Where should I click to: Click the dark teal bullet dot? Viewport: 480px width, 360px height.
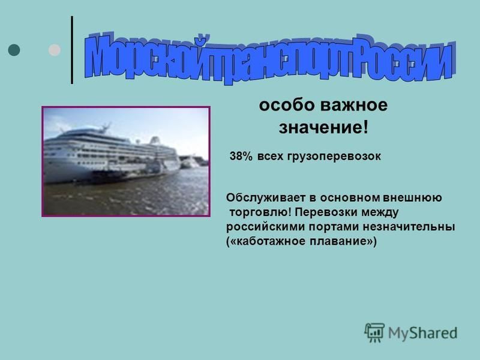coord(14,50)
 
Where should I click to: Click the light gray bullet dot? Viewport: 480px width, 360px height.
coord(55,50)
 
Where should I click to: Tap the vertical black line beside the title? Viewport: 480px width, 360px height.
coord(72,50)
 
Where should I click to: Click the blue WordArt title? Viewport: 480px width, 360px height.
coord(270,58)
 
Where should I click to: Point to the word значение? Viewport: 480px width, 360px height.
coord(323,128)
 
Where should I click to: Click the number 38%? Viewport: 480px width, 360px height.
coord(241,156)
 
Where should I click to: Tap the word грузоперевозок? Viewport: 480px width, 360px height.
coord(334,157)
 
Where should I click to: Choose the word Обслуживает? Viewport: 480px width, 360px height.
coord(266,198)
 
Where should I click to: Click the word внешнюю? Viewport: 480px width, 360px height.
coord(412,198)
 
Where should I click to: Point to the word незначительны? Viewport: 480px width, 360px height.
coord(409,227)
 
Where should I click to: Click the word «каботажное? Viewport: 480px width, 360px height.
coord(266,241)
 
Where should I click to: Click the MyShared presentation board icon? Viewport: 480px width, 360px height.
coord(374,332)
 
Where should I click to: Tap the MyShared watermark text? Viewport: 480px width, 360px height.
coord(422,334)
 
